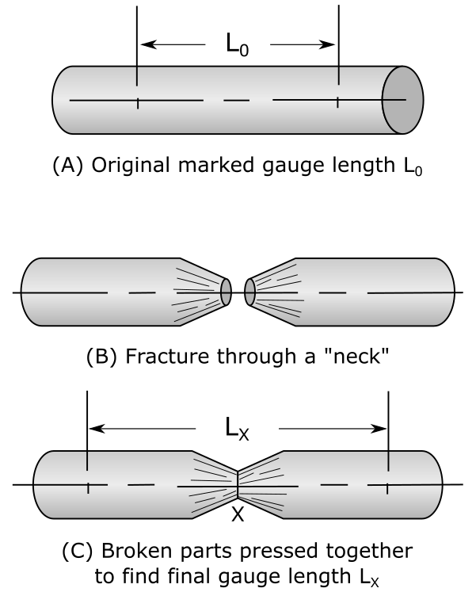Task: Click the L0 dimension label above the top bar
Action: tap(238, 45)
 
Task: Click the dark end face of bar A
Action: tap(403, 101)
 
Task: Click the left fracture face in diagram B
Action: tap(226, 292)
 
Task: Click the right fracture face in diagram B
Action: tap(250, 292)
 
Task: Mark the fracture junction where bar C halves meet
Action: tap(238, 483)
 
